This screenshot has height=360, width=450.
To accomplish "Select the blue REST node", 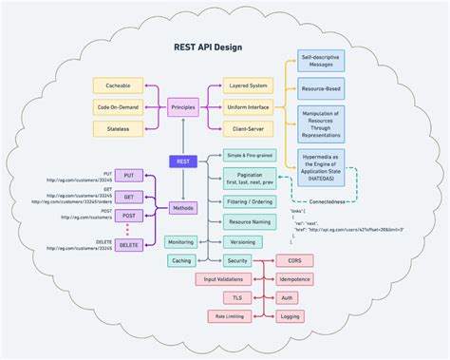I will coord(183,161).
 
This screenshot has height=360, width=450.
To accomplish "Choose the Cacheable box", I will coord(119,85).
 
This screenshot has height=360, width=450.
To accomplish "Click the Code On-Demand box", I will coord(119,106).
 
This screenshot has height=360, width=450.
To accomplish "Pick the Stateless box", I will coord(119,127).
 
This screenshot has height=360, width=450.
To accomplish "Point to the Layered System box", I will coord(249,85).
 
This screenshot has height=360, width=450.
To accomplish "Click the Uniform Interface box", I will coord(249,106).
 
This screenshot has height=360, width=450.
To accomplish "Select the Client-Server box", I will coord(249,127).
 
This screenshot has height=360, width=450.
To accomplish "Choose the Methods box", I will coord(183,207).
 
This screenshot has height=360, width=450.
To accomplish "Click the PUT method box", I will coord(128,176).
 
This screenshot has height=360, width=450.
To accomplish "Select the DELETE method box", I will coord(128,245).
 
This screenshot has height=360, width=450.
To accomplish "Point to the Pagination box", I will coord(250,179).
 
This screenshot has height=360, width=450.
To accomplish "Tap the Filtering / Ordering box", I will coord(250,201).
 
